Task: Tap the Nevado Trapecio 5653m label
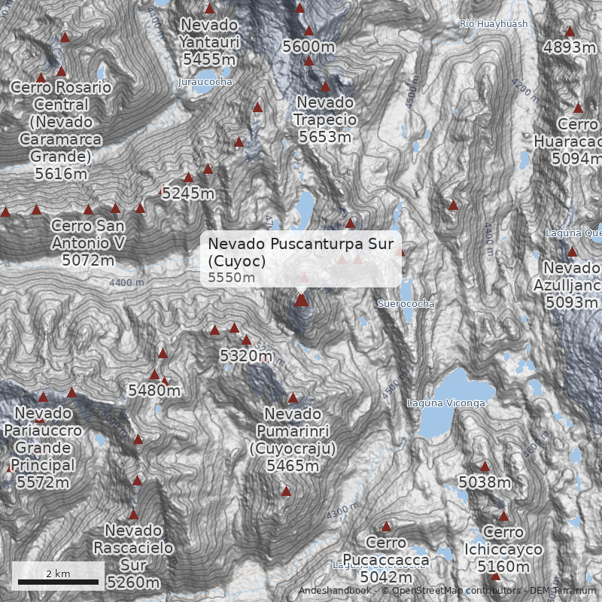click(x=324, y=119)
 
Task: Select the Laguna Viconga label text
click(x=446, y=403)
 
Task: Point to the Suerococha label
click(x=406, y=304)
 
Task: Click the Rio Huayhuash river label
click(x=493, y=24)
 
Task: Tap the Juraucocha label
click(x=205, y=81)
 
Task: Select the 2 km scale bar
click(x=58, y=581)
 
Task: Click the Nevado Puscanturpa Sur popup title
click(x=301, y=251)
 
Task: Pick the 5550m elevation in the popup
click(x=232, y=278)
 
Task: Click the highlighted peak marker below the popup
click(x=301, y=300)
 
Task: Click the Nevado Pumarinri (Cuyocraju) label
click(x=293, y=439)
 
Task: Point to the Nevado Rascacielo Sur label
click(x=133, y=556)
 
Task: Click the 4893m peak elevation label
click(x=570, y=47)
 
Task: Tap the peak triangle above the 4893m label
click(x=570, y=32)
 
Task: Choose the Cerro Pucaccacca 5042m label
click(x=386, y=559)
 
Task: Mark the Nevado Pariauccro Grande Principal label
click(x=43, y=448)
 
